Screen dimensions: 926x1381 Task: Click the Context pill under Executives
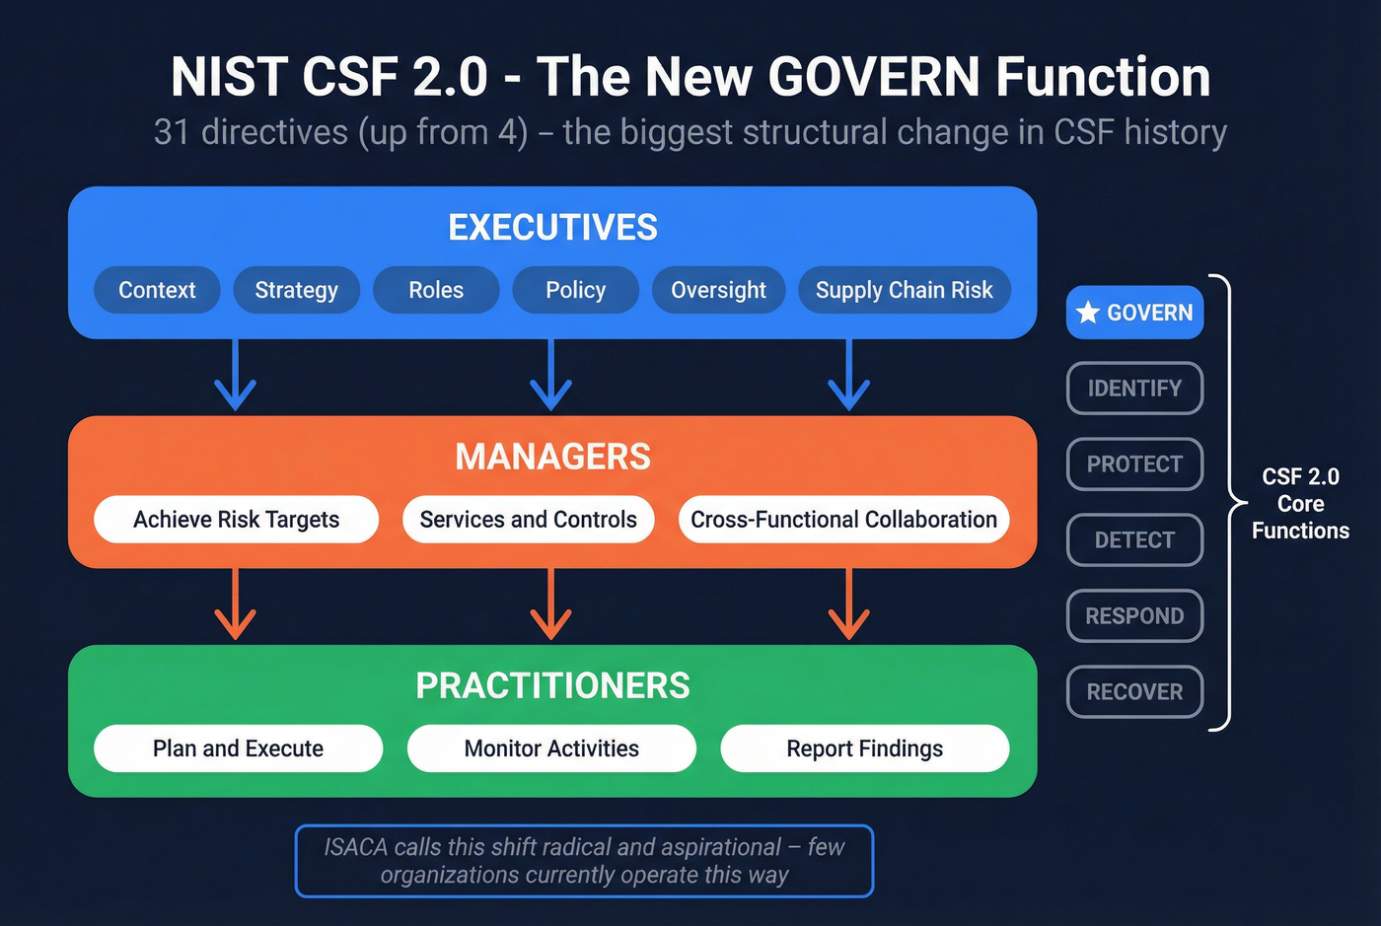pyautogui.click(x=157, y=290)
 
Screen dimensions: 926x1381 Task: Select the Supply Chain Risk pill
pyautogui.click(x=904, y=290)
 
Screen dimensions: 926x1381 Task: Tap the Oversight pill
pyautogui.click(x=718, y=290)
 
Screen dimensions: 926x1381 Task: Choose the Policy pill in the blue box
pyautogui.click(x=575, y=290)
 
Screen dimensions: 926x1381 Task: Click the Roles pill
pyautogui.click(x=436, y=290)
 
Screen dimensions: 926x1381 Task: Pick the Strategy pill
pyautogui.click(x=296, y=290)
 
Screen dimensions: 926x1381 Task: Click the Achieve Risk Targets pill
pyautogui.click(x=236, y=520)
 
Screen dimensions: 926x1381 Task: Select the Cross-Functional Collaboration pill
pyautogui.click(x=843, y=520)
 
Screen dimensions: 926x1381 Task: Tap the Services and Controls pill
pyautogui.click(x=528, y=520)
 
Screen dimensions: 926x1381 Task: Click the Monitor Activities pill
pyautogui.click(x=551, y=748)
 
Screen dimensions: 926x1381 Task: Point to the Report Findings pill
pyautogui.click(x=864, y=748)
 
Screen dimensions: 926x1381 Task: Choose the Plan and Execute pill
pyautogui.click(x=238, y=748)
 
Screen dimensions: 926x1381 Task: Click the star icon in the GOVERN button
pyautogui.click(x=1088, y=313)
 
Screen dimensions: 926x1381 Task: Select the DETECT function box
pyautogui.click(x=1134, y=540)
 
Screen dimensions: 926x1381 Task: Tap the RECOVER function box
pyautogui.click(x=1134, y=692)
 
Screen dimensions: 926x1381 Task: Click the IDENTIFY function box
pyautogui.click(x=1134, y=389)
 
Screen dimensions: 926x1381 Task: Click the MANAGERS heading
pyautogui.click(x=552, y=457)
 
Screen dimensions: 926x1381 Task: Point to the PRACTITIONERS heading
pyautogui.click(x=552, y=685)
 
